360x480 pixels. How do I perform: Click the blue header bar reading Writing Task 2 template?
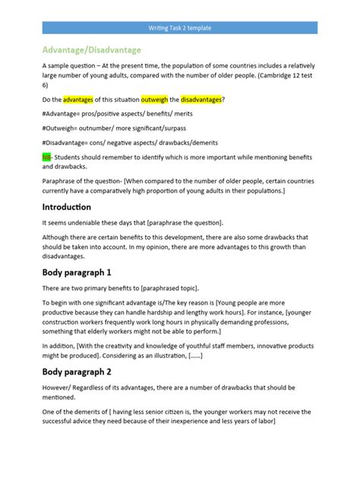(179, 28)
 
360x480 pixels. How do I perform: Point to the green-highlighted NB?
(46, 156)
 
